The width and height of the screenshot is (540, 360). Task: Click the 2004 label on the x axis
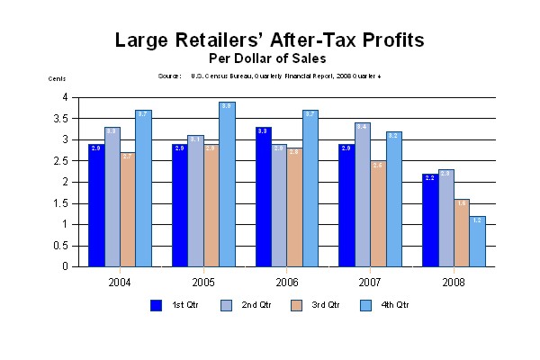(x=119, y=281)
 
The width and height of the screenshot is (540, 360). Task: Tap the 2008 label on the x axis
(x=454, y=281)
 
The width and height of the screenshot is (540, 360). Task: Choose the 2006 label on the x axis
(x=286, y=281)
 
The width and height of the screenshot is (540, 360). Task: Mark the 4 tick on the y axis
(x=65, y=97)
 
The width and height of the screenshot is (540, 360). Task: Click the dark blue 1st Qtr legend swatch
(x=156, y=304)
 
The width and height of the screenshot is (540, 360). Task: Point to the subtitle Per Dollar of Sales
(x=270, y=58)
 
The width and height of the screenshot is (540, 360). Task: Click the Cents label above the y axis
(x=57, y=79)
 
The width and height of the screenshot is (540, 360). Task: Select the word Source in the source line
(x=170, y=76)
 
